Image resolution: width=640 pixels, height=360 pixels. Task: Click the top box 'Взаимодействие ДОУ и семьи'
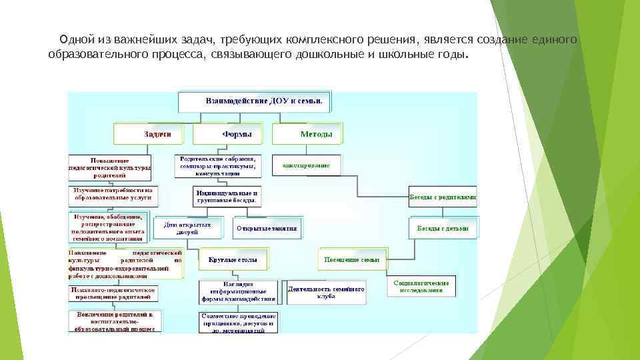(255, 102)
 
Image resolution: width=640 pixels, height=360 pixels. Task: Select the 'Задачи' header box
(153, 134)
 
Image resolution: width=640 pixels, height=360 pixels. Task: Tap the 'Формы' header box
(232, 134)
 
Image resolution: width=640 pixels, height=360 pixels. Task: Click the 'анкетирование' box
(306, 165)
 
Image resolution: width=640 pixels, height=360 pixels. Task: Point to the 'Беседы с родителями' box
(443, 197)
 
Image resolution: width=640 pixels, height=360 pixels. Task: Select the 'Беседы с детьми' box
(443, 228)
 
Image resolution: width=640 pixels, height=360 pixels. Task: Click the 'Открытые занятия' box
(266, 228)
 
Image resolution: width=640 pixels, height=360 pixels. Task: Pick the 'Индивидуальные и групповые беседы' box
(227, 195)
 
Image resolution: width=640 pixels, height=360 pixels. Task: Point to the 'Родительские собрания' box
(217, 165)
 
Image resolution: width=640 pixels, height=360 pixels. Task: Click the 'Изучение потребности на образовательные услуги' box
(113, 194)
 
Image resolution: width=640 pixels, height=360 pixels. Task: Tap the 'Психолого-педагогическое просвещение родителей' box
(113, 295)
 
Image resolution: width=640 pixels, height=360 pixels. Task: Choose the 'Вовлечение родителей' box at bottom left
(113, 321)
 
